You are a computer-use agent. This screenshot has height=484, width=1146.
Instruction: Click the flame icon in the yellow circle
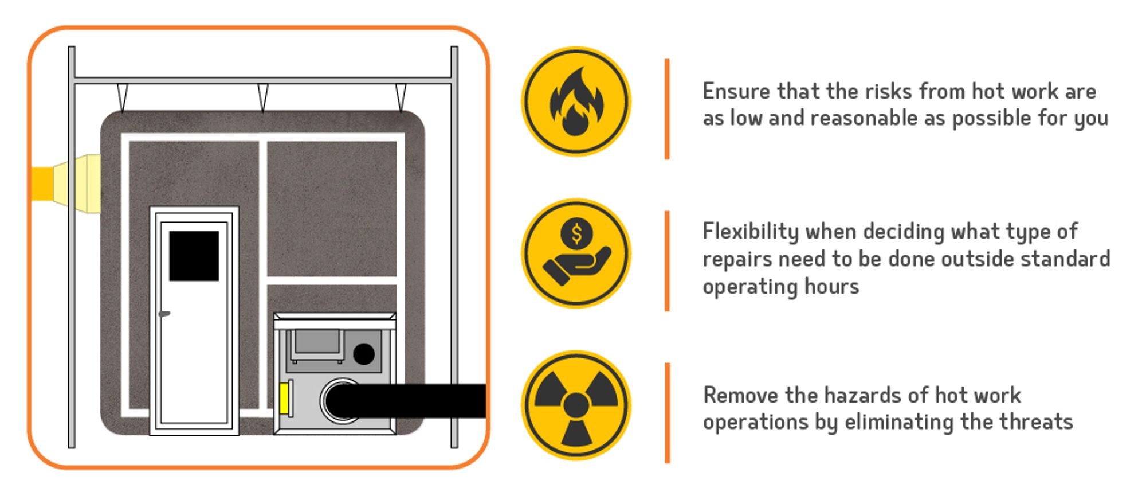(x=576, y=102)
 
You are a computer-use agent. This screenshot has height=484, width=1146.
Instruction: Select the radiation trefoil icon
(x=576, y=405)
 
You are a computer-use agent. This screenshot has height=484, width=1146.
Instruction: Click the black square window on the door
(x=194, y=256)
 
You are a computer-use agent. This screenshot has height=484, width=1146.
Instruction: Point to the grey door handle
(x=164, y=314)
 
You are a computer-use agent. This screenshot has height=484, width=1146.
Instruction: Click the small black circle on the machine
(x=363, y=354)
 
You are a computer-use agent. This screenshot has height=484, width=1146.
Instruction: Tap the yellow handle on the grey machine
(x=284, y=398)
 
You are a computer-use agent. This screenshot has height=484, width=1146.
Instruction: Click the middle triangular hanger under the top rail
(x=262, y=96)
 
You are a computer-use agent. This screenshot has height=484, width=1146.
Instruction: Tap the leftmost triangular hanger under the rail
(x=122, y=96)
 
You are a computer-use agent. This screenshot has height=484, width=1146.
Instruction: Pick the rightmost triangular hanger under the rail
(x=401, y=96)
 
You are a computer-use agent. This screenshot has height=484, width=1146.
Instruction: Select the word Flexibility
(x=750, y=232)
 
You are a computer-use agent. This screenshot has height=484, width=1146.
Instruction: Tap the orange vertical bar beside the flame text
(x=667, y=109)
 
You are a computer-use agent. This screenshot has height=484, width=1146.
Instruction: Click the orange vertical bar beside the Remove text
(x=667, y=412)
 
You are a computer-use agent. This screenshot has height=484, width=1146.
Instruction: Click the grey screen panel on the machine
(x=316, y=342)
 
